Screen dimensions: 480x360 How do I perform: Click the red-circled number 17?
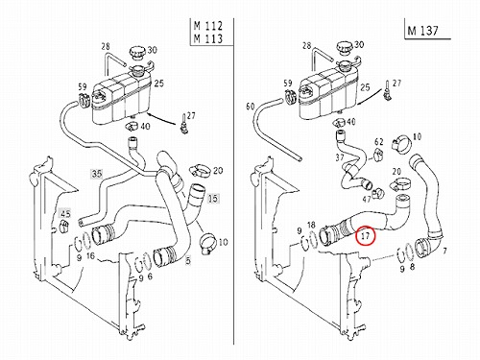[365, 236]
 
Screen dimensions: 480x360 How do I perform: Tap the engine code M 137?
[422, 30]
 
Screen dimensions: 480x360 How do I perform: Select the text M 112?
[208, 26]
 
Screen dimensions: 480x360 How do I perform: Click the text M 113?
[208, 38]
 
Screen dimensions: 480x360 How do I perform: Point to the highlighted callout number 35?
[97, 174]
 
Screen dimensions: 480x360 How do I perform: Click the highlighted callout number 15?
[213, 199]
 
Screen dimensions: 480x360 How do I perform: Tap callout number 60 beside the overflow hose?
[251, 106]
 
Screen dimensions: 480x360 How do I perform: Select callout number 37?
[340, 157]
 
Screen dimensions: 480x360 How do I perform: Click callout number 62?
[379, 141]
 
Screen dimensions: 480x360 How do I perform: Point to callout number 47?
[367, 200]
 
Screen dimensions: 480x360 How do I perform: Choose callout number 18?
[311, 225]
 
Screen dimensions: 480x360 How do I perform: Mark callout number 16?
[90, 256]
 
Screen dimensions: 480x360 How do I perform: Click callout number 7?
[444, 251]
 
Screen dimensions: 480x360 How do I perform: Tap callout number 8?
[412, 267]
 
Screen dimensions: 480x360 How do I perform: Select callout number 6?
[150, 276]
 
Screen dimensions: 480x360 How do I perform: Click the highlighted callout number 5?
[188, 260]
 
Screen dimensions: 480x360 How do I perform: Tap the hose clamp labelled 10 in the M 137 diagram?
[400, 143]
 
